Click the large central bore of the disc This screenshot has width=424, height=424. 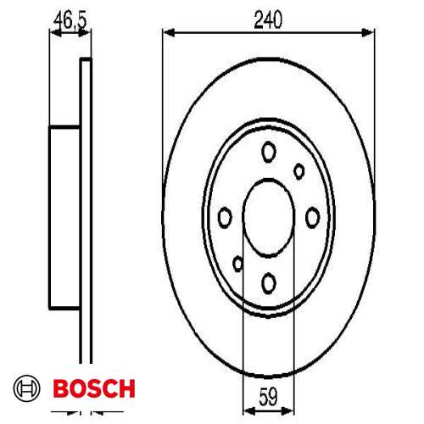(x=269, y=215)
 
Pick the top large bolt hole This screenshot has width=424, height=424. (x=269, y=153)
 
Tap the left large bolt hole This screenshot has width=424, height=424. (x=225, y=217)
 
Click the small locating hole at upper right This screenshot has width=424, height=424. (x=298, y=170)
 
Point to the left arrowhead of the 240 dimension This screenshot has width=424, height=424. (x=166, y=33)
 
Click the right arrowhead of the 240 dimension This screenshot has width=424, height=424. (x=370, y=33)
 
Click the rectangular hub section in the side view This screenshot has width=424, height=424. (x=64, y=215)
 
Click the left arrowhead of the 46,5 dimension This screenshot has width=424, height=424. (x=53, y=33)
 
